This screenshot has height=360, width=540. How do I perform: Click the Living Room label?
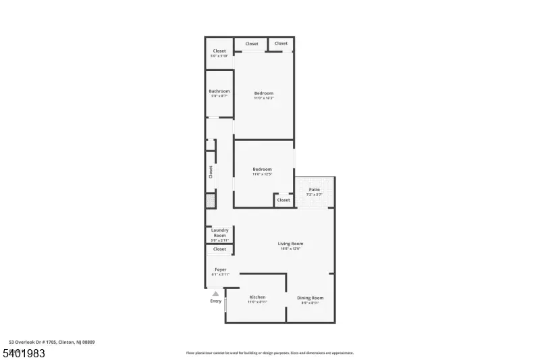(290, 244)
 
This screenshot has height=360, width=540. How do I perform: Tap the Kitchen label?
(257, 297)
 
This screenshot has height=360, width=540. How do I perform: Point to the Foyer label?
(220, 269)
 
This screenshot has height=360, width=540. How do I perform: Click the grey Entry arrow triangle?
(215, 293)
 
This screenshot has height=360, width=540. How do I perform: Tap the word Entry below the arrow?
(215, 301)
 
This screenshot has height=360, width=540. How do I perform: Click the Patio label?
(315, 190)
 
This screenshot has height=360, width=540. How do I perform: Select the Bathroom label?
(219, 91)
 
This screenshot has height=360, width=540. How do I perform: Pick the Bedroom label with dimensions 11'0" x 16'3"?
(264, 93)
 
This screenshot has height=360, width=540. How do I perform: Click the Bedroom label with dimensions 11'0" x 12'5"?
(263, 169)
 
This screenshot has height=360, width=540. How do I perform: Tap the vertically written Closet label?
(211, 172)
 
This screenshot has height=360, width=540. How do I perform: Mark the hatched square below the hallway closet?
(211, 201)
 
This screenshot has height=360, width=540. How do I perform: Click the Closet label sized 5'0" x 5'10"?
(219, 51)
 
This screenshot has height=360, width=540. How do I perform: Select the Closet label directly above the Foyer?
(219, 249)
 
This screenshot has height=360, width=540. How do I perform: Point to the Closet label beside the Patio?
(283, 200)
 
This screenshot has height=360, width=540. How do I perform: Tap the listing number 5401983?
(24, 353)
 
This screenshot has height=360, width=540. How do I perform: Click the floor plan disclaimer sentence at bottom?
(269, 353)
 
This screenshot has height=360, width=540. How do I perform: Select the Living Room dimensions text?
(290, 249)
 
